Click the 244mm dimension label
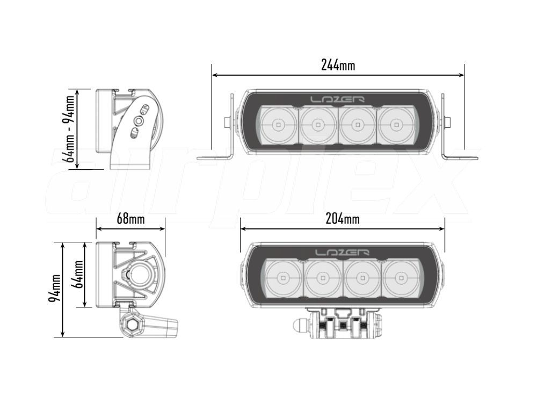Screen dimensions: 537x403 click(x=338, y=65)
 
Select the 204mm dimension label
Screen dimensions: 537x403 click(x=343, y=219)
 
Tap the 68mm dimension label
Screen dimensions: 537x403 click(x=130, y=219)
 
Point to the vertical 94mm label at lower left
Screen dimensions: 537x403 click(x=55, y=288)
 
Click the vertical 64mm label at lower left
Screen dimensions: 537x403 click(x=79, y=274)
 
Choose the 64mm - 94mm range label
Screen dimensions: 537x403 click(x=70, y=129)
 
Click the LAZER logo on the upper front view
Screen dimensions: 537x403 click(x=337, y=99)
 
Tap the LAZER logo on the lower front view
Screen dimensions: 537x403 click(x=342, y=253)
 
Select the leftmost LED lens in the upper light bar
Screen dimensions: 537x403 click(x=278, y=124)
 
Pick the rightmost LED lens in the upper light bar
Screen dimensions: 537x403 click(x=397, y=124)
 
